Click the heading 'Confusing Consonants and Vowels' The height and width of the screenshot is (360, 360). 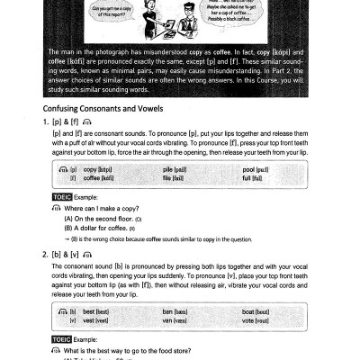(103, 108)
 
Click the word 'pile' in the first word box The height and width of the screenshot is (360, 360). (166, 170)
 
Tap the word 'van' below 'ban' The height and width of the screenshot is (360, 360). (166, 319)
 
